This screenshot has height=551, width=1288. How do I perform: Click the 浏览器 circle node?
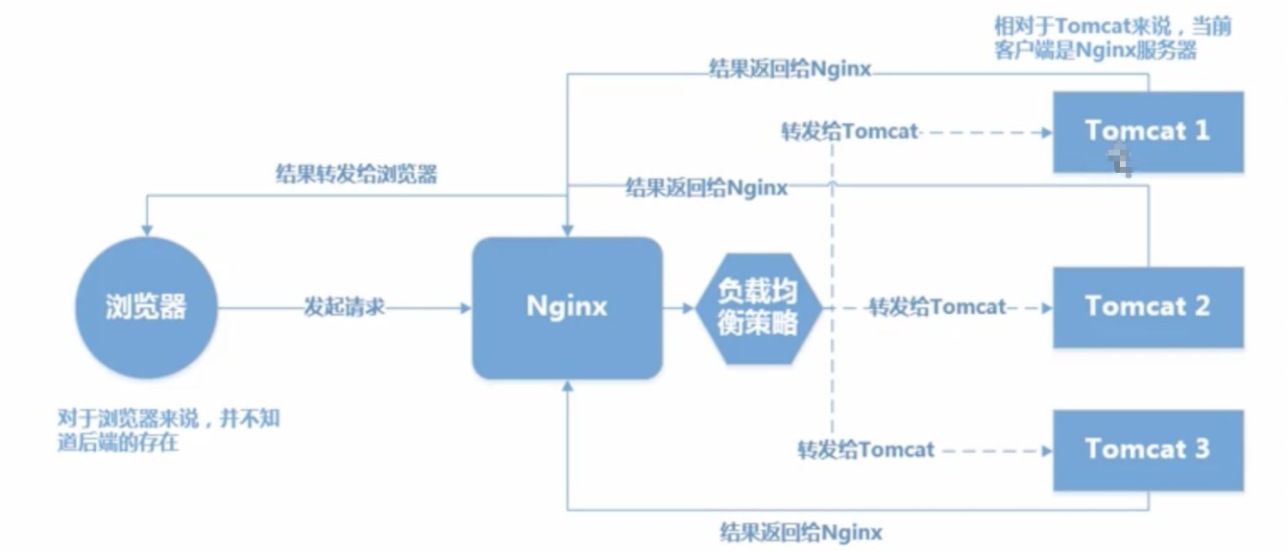coord(145,307)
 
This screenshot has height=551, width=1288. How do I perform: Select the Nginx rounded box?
coord(567,307)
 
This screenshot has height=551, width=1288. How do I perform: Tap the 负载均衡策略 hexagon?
coord(759,307)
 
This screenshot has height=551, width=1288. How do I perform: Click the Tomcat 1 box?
coord(1148,132)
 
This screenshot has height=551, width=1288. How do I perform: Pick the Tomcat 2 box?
coord(1148,307)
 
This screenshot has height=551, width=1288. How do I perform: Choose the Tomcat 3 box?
coord(1148,449)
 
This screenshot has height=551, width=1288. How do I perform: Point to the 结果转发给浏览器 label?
coord(356,175)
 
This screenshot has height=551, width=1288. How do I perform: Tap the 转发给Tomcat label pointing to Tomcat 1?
coord(850,132)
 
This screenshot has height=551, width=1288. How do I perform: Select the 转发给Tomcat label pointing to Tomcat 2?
coord(936,307)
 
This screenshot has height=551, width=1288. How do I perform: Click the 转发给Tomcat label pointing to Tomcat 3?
coord(865,449)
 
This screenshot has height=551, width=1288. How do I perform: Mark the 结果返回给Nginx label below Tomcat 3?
coord(801,531)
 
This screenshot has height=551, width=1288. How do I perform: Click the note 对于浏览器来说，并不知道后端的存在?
coord(168,431)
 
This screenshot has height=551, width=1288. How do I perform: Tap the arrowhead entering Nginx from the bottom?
coord(568,386)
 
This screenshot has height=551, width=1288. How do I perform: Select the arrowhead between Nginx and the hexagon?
coord(688,308)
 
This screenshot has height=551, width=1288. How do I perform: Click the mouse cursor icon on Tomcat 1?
coord(1117,161)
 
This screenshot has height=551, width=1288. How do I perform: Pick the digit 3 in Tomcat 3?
coord(1200,449)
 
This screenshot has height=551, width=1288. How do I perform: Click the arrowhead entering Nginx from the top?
coord(568,230)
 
